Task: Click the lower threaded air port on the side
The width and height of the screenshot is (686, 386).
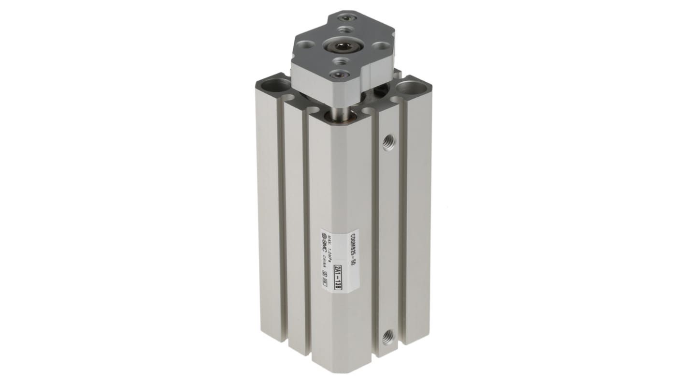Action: pos(387,337)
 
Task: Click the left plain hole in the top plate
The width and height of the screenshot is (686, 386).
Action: pos(302,48)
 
